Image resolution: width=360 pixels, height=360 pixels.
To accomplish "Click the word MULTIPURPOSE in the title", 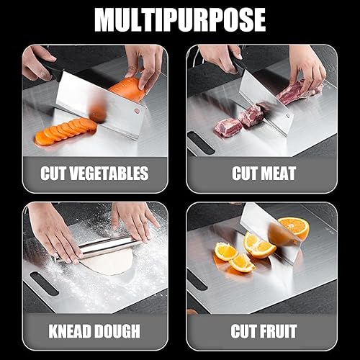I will pos(180,20).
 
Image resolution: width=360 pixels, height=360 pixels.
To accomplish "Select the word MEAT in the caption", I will pos(279,174).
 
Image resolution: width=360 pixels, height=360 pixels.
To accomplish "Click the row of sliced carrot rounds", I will pos(66,131).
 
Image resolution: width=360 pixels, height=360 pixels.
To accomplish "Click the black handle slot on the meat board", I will pos(202,143).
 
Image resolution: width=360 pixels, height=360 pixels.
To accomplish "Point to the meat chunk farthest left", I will pos(228,127).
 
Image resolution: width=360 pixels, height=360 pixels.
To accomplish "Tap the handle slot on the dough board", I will pos(45,283).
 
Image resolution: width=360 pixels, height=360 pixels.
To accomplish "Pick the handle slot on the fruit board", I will pos(197,279).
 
